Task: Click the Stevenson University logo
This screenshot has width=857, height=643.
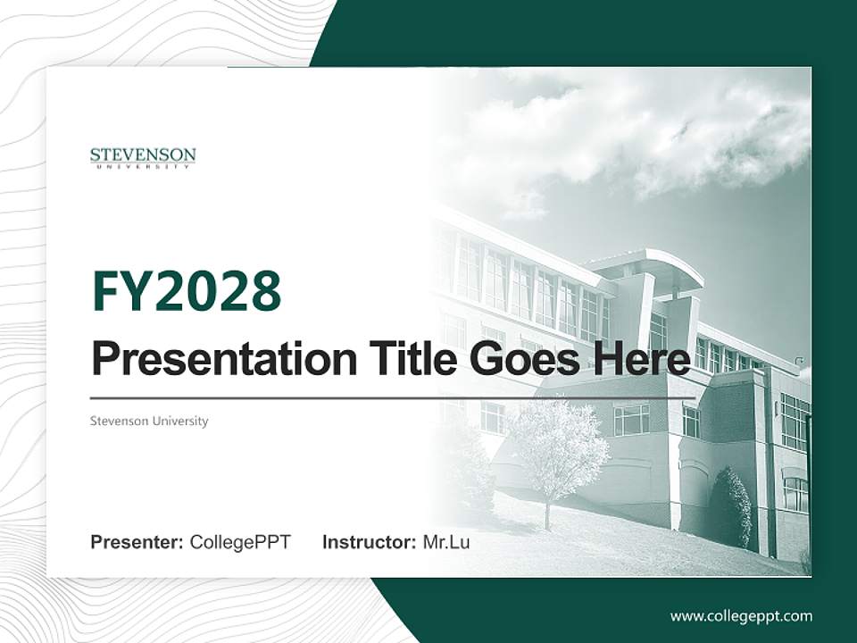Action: click(143, 158)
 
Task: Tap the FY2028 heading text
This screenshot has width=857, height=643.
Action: click(186, 291)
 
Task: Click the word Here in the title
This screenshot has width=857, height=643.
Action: click(642, 360)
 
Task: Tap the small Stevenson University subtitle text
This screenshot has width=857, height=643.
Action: click(148, 421)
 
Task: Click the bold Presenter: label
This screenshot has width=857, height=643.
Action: click(137, 542)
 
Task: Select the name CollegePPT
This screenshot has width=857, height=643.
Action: click(240, 542)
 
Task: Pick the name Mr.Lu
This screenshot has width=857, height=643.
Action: click(445, 542)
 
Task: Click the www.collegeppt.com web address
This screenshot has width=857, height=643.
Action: click(741, 616)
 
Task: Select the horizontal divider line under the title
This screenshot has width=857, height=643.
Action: click(393, 397)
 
